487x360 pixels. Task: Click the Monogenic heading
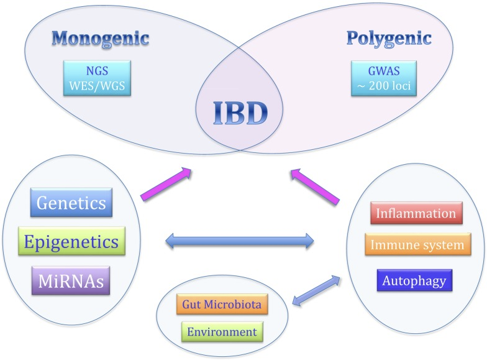pos(100,37)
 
